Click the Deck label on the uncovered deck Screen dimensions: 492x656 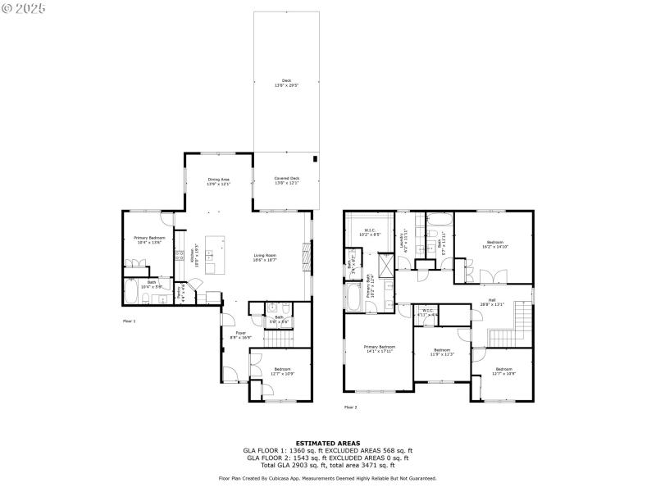click(x=286, y=82)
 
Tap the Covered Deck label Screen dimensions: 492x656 click(x=286, y=180)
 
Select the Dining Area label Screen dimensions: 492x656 click(x=218, y=181)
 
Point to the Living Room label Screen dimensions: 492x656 click(x=264, y=257)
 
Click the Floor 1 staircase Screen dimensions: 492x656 click(x=282, y=336)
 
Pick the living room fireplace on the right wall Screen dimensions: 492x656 click(x=307, y=256)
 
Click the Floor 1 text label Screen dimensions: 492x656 click(x=129, y=321)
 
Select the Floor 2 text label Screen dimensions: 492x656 click(x=350, y=407)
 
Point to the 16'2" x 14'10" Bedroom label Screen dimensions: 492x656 click(x=494, y=244)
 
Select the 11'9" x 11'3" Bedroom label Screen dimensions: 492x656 click(x=442, y=352)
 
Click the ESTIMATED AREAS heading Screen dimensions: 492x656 click(x=327, y=443)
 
